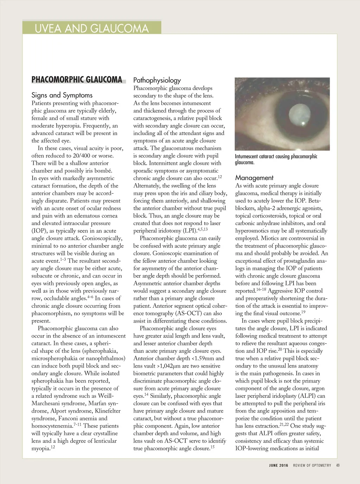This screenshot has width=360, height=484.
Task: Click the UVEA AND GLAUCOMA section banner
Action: point(91,28)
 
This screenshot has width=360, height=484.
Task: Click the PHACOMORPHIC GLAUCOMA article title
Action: point(77,80)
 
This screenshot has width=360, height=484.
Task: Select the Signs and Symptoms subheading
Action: point(62,95)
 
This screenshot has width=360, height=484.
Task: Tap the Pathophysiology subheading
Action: point(157,80)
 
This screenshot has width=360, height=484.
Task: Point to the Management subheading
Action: point(254,178)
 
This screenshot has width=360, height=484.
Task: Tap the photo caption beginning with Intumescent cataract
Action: point(276,159)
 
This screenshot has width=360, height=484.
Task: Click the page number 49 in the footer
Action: point(338,465)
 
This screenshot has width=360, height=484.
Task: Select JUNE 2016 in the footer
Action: point(278,465)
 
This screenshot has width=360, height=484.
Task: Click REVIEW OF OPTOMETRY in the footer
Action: point(312,465)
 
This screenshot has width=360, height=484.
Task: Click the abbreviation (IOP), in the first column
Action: point(40,231)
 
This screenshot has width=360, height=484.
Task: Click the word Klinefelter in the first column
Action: point(108,411)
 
